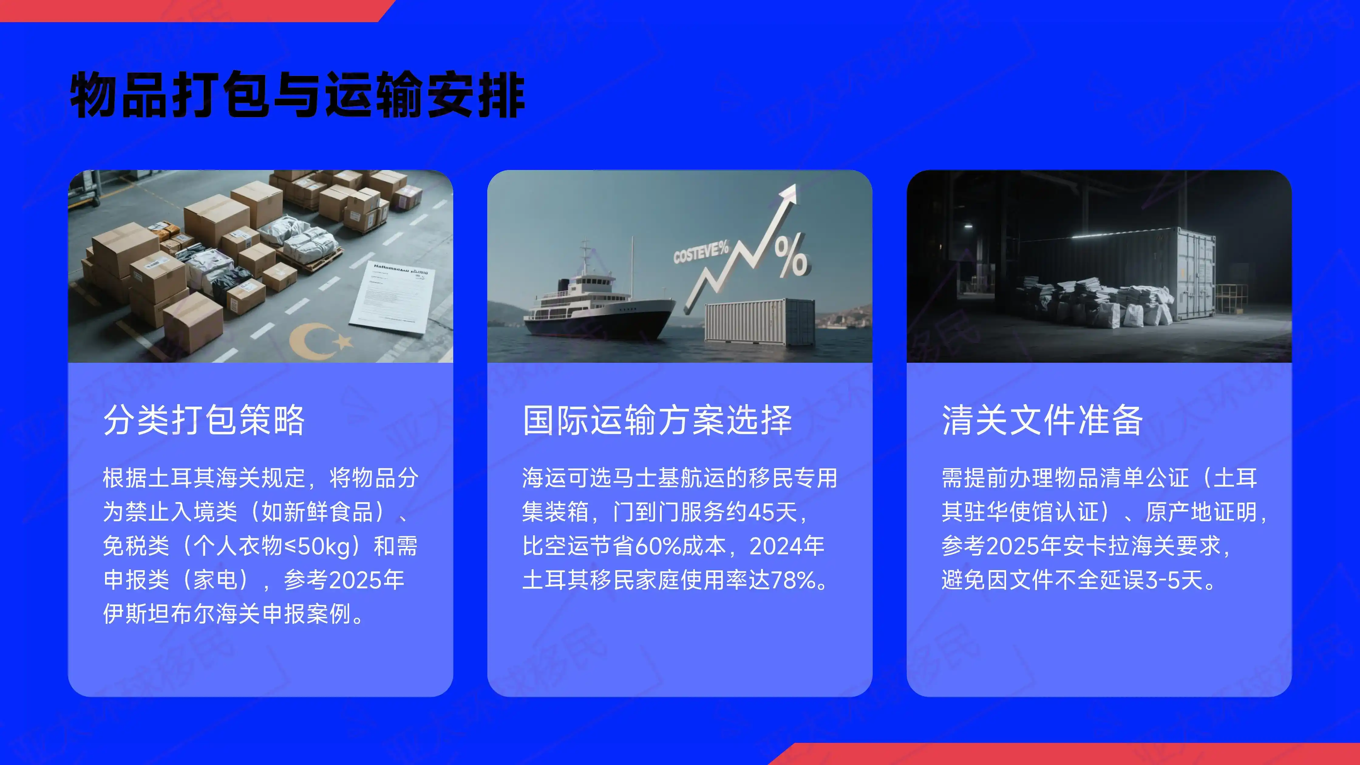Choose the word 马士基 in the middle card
(x=646, y=478)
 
